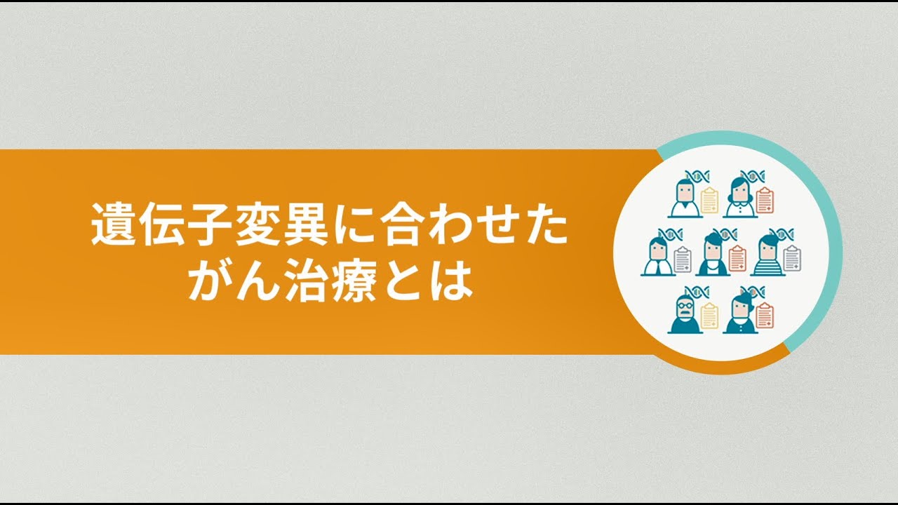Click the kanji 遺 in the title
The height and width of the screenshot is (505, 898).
tap(114, 224)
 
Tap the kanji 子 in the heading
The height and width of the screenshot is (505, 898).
tap(209, 224)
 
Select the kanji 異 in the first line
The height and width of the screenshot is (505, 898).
tap(305, 224)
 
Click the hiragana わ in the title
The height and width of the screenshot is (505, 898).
tap(449, 224)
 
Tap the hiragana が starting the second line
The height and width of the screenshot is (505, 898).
tap(211, 281)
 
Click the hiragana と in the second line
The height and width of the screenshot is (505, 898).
tap(403, 281)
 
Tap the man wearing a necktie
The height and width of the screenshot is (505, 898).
tap(657, 257)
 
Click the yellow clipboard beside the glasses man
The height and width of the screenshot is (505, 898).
tap(709, 316)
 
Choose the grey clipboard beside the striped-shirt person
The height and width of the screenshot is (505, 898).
tap(792, 258)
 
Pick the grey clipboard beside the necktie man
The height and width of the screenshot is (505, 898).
tap(683, 260)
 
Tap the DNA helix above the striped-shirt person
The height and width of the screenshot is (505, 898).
tap(782, 234)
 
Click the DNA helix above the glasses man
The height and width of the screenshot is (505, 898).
tap(697, 292)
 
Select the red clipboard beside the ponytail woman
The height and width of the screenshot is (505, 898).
tap(765, 316)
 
